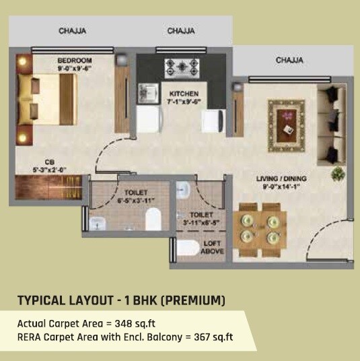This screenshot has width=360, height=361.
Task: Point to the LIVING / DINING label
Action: (281, 178)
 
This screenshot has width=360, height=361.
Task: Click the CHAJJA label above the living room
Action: (289, 61)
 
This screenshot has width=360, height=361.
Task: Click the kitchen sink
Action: (146, 92)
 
